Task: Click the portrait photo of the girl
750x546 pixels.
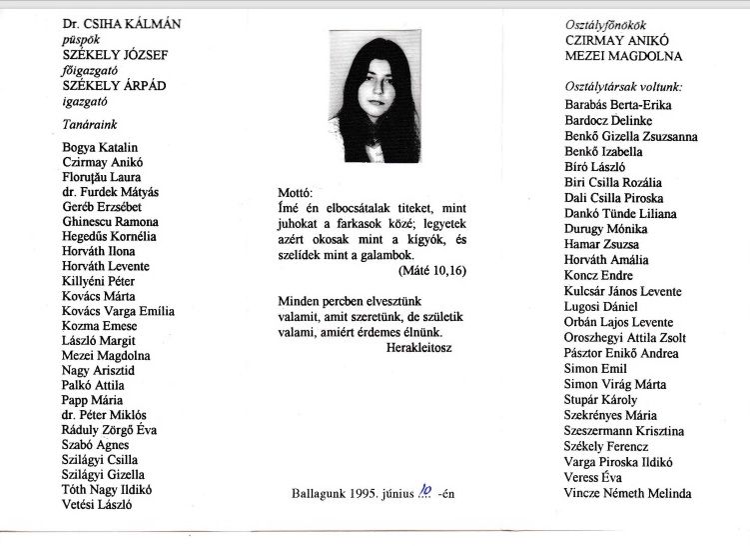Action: click(x=374, y=97)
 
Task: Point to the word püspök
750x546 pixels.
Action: click(x=83, y=37)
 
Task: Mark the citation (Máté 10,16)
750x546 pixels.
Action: click(x=431, y=271)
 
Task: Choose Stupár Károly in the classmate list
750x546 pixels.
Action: click(x=600, y=400)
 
